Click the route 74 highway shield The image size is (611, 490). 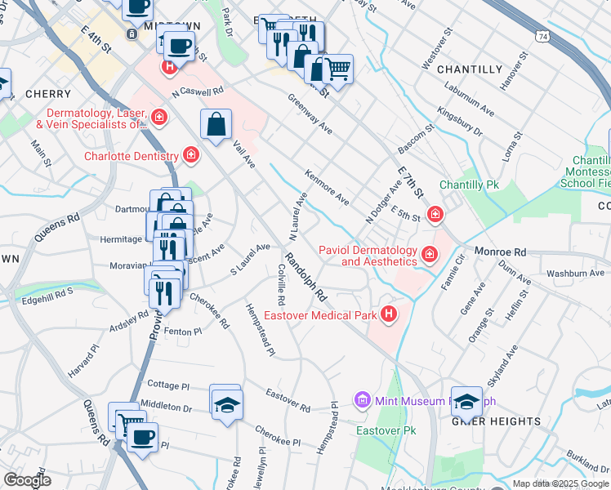(543, 36)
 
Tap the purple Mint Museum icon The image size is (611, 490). (363, 400)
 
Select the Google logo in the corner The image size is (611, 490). (27, 480)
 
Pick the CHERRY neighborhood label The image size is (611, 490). (42, 94)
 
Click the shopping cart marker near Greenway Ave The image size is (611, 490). (337, 69)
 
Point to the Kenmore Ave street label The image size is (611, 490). (327, 187)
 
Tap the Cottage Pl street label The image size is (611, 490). (167, 384)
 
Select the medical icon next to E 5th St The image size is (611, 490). (435, 215)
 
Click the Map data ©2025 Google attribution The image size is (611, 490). (560, 483)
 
